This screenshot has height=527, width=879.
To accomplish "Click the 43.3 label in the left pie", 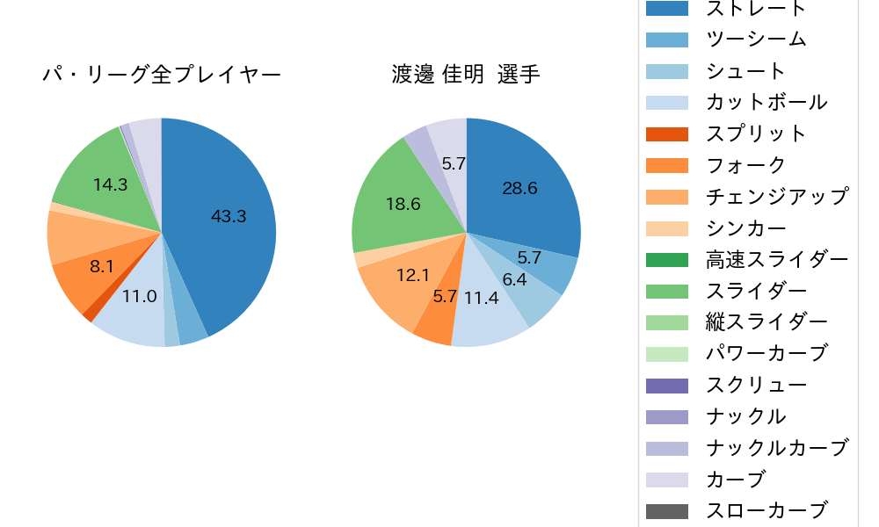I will coord(229,216).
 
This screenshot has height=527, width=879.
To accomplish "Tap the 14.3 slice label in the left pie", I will coord(110,184).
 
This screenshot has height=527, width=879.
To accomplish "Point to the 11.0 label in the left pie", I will coord(139,296).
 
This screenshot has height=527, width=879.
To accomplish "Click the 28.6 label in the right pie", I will coord(519,188).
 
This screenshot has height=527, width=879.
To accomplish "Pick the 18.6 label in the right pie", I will coord(403,204).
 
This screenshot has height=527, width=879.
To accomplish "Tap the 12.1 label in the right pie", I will coord(412,275).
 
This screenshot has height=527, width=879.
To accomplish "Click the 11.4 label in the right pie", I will coord(482,297).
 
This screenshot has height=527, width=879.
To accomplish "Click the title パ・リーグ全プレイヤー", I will coord(162,76).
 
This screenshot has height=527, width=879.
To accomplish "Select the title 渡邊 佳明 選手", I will coord(466,76).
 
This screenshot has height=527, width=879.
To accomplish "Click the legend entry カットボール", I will coord(766,102).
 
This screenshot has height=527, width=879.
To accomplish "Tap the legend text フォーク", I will coord(745,165).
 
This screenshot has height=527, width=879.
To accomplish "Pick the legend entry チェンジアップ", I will coord(777,196).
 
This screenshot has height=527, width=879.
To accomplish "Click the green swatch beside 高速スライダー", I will coord(667,259).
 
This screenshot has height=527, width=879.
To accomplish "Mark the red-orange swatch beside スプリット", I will coord(667,134).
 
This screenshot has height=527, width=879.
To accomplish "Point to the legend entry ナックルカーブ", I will coord(777,448).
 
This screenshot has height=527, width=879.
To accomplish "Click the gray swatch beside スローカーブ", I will coord(667,510).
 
